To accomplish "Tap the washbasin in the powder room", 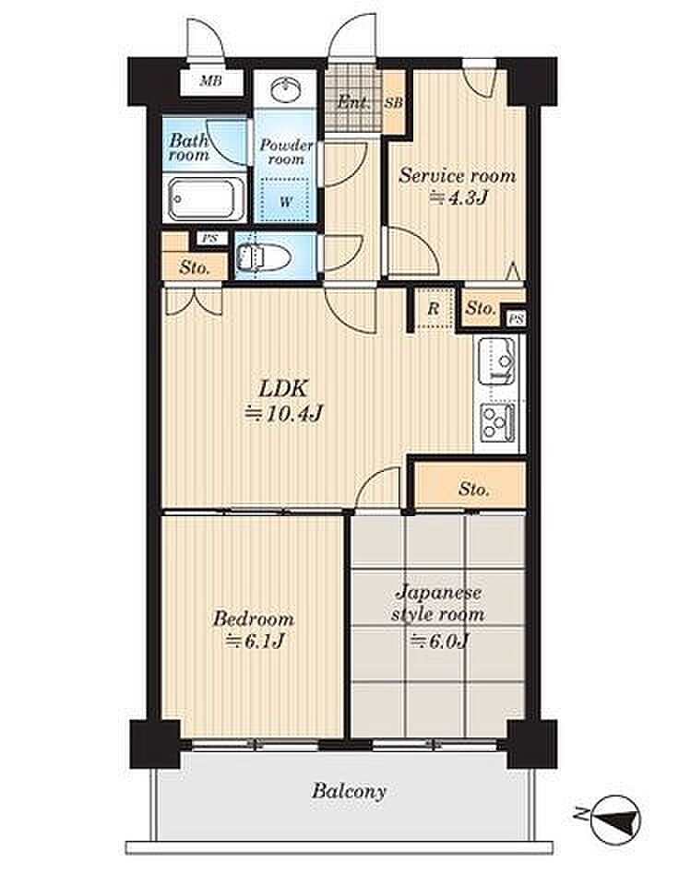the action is pyautogui.click(x=286, y=89).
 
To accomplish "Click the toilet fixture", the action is pyautogui.click(x=263, y=258).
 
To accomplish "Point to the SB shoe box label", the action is pyautogui.click(x=394, y=103).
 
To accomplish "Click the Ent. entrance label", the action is pyautogui.click(x=354, y=102).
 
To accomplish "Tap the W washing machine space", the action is pyautogui.click(x=286, y=201).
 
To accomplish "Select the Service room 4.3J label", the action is pyautogui.click(x=458, y=185).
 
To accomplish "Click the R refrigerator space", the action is pyautogui.click(x=434, y=308).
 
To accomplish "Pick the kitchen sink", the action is pyautogui.click(x=496, y=360).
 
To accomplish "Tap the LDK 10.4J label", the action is pyautogui.click(x=282, y=401).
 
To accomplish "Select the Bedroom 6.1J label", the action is pyautogui.click(x=253, y=629).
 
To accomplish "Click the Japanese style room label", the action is pyautogui.click(x=438, y=603).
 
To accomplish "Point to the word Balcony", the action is pyautogui.click(x=349, y=791).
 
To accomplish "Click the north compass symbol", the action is pyautogui.click(x=615, y=820).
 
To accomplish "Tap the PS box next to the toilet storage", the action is pyautogui.click(x=209, y=238).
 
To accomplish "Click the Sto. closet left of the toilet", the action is pyautogui.click(x=195, y=267).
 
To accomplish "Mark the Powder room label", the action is pyautogui.click(x=286, y=152).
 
